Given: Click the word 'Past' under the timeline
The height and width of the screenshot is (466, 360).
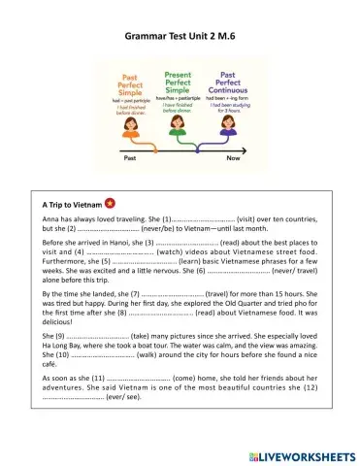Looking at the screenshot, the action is (x=130, y=162).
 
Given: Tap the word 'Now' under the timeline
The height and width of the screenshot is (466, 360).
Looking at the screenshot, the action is (x=234, y=162).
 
